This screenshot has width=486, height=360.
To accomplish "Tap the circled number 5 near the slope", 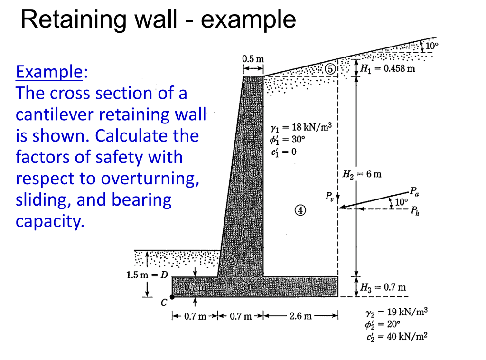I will click(x=330, y=69).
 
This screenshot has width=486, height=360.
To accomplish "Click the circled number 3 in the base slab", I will click(x=243, y=287).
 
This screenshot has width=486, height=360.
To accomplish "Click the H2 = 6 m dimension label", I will click(x=362, y=174).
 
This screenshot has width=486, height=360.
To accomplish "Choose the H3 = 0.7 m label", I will click(x=383, y=287).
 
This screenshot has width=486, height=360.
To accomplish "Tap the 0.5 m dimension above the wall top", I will click(x=252, y=59).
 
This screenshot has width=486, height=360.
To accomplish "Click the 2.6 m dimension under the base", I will click(x=300, y=316).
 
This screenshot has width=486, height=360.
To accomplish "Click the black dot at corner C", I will click(x=172, y=297).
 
